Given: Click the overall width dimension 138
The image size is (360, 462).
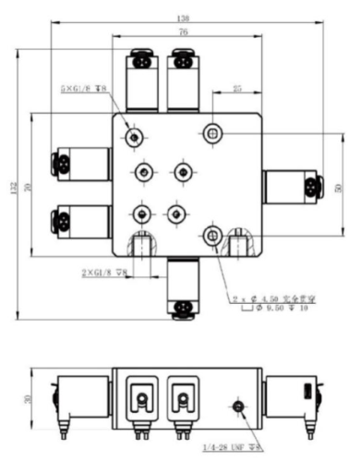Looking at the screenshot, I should (181, 18).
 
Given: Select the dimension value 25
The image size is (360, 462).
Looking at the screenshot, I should (237, 90).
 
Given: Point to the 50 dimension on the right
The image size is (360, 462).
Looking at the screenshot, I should (338, 187).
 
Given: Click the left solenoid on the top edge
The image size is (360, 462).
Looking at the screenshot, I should (142, 79).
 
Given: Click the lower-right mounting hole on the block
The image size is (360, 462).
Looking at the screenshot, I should (213, 235).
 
